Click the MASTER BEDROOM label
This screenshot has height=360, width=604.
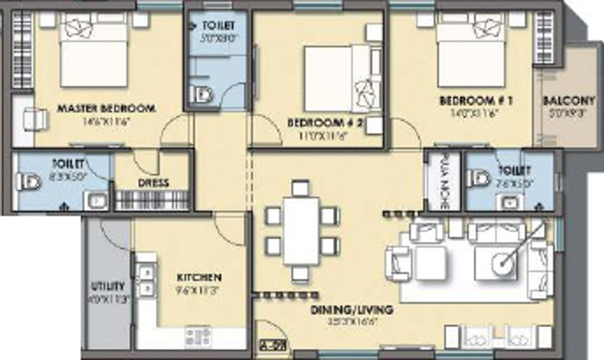[x=106, y=109]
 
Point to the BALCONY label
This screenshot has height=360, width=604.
[x=569, y=101]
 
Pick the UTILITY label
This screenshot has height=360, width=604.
[x=108, y=286]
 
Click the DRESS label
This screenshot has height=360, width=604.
[x=153, y=183]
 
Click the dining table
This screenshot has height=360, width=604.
[x=302, y=230]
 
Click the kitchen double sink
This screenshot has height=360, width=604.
[x=147, y=280]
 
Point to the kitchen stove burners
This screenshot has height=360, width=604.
[x=197, y=335]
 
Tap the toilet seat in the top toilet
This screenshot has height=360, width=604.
[x=203, y=94]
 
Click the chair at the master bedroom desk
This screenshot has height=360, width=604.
[x=33, y=119]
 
